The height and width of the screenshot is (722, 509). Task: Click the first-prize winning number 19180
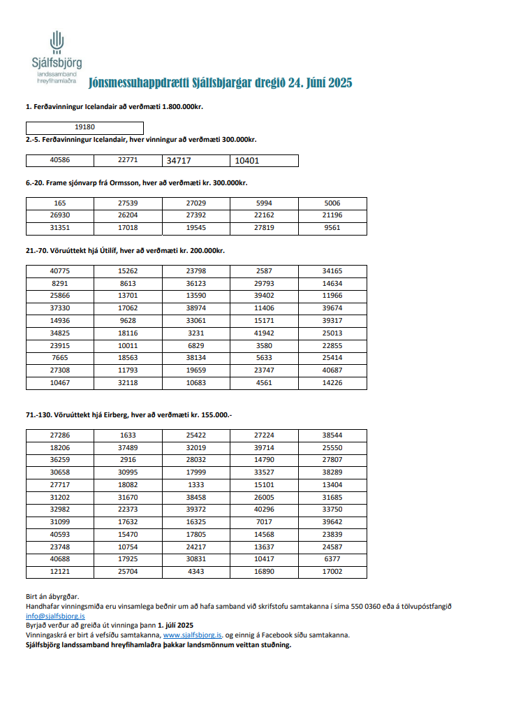[84, 128]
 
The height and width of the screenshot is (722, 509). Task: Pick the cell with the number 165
[59, 203]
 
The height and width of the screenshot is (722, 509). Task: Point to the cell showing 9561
[332, 228]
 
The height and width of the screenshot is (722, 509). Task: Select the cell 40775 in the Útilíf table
[59, 270]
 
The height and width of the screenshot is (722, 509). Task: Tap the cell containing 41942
[264, 333]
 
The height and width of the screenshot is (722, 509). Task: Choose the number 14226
[332, 384]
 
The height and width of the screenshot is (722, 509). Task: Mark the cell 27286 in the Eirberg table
[59, 435]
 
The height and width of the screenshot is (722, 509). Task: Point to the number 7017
[264, 522]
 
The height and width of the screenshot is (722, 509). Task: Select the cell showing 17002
[332, 572]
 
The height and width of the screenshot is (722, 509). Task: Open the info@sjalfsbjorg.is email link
[55, 616]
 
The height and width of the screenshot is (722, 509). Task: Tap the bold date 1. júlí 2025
[175, 626]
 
